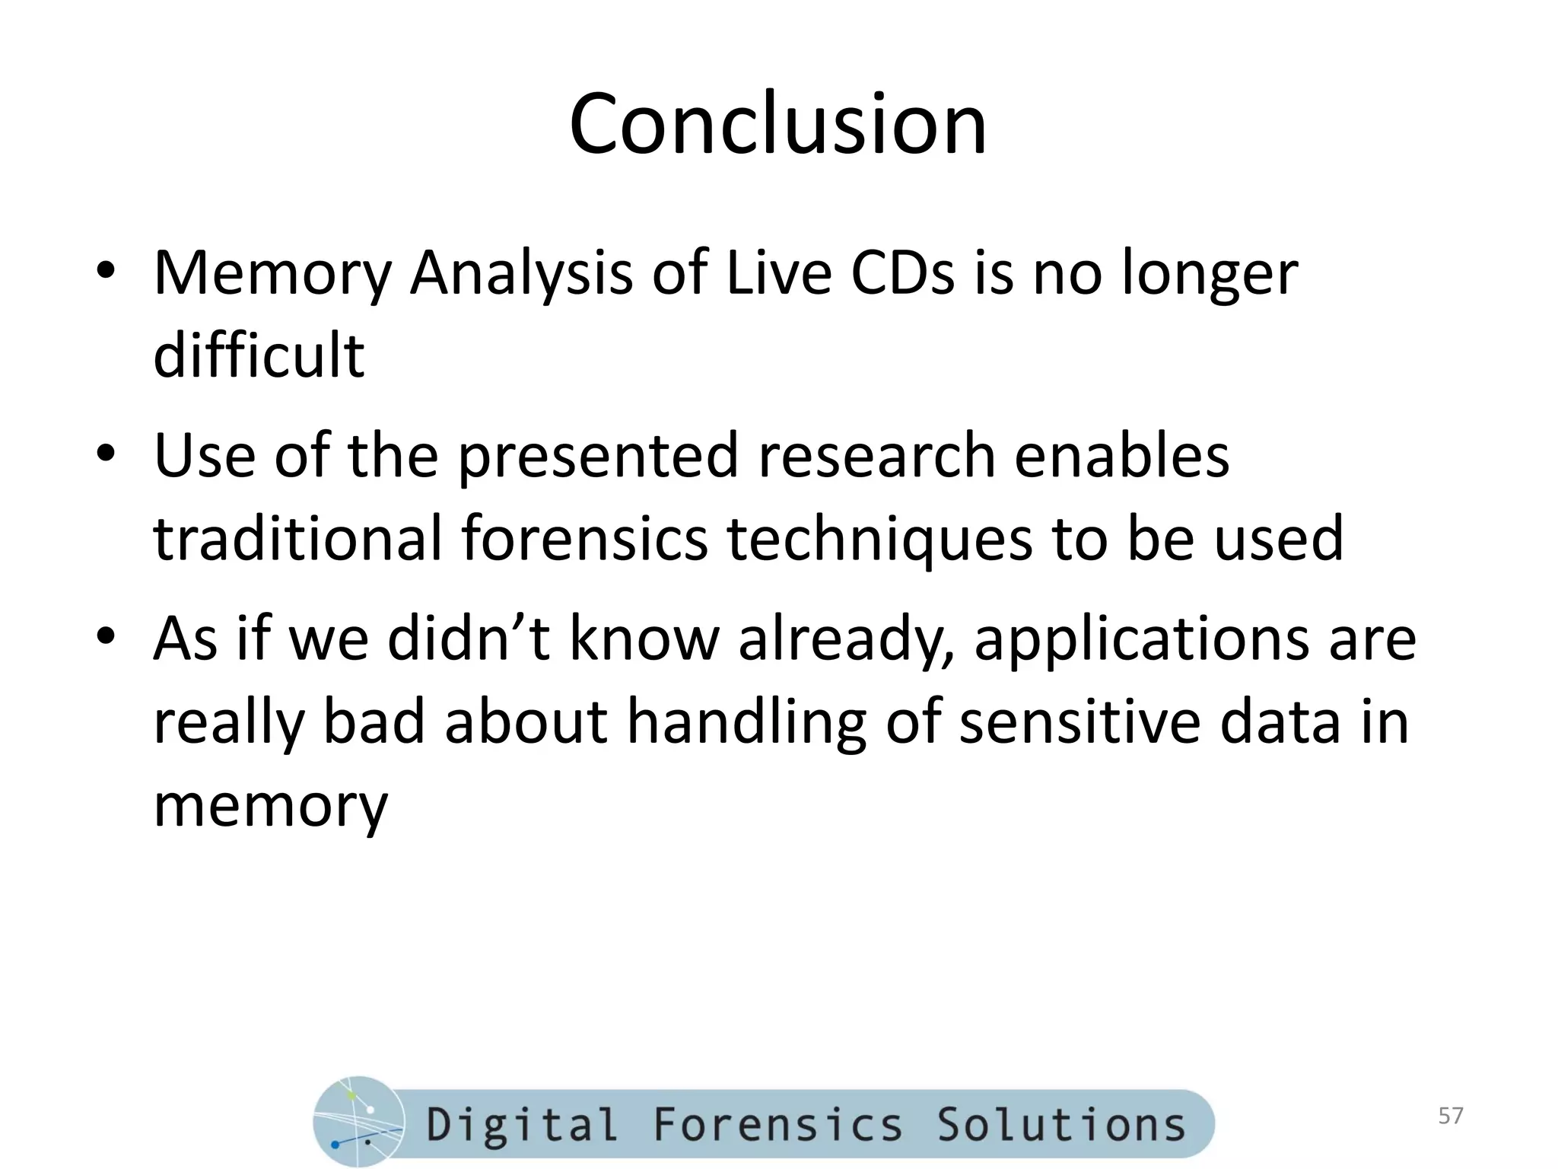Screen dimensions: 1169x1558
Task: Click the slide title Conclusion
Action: (777, 125)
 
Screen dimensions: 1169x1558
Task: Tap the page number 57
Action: (1451, 1116)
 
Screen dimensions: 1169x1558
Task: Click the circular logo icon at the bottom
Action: (358, 1121)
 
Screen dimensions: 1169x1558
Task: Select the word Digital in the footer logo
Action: (522, 1125)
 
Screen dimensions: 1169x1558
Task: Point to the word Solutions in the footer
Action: (1060, 1125)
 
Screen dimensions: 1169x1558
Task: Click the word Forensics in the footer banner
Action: (777, 1125)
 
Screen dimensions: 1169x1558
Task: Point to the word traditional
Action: (297, 538)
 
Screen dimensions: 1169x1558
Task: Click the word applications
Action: (1142, 639)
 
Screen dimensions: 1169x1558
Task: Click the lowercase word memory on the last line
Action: (271, 807)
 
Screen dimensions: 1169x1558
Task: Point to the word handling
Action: (746, 722)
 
